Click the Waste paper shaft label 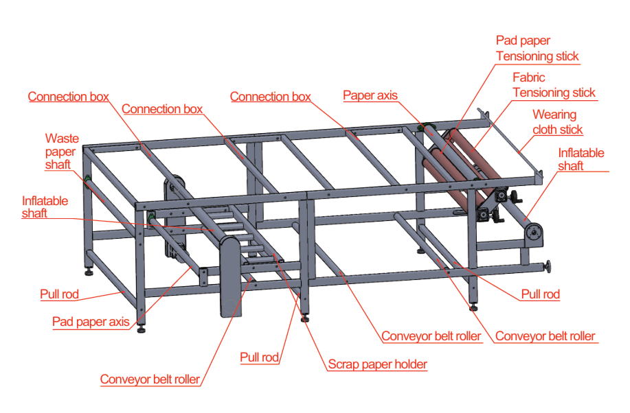point(61,152)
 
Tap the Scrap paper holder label point(377,364)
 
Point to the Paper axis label point(370,96)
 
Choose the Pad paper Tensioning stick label point(537,48)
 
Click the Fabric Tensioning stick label point(554,86)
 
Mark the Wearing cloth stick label point(557,122)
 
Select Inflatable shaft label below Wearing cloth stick point(581,159)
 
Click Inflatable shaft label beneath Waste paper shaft point(45,207)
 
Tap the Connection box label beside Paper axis point(271,97)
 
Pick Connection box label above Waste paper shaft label point(68,97)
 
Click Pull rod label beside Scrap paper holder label point(259,357)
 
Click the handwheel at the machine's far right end point(548,266)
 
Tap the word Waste point(61,139)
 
